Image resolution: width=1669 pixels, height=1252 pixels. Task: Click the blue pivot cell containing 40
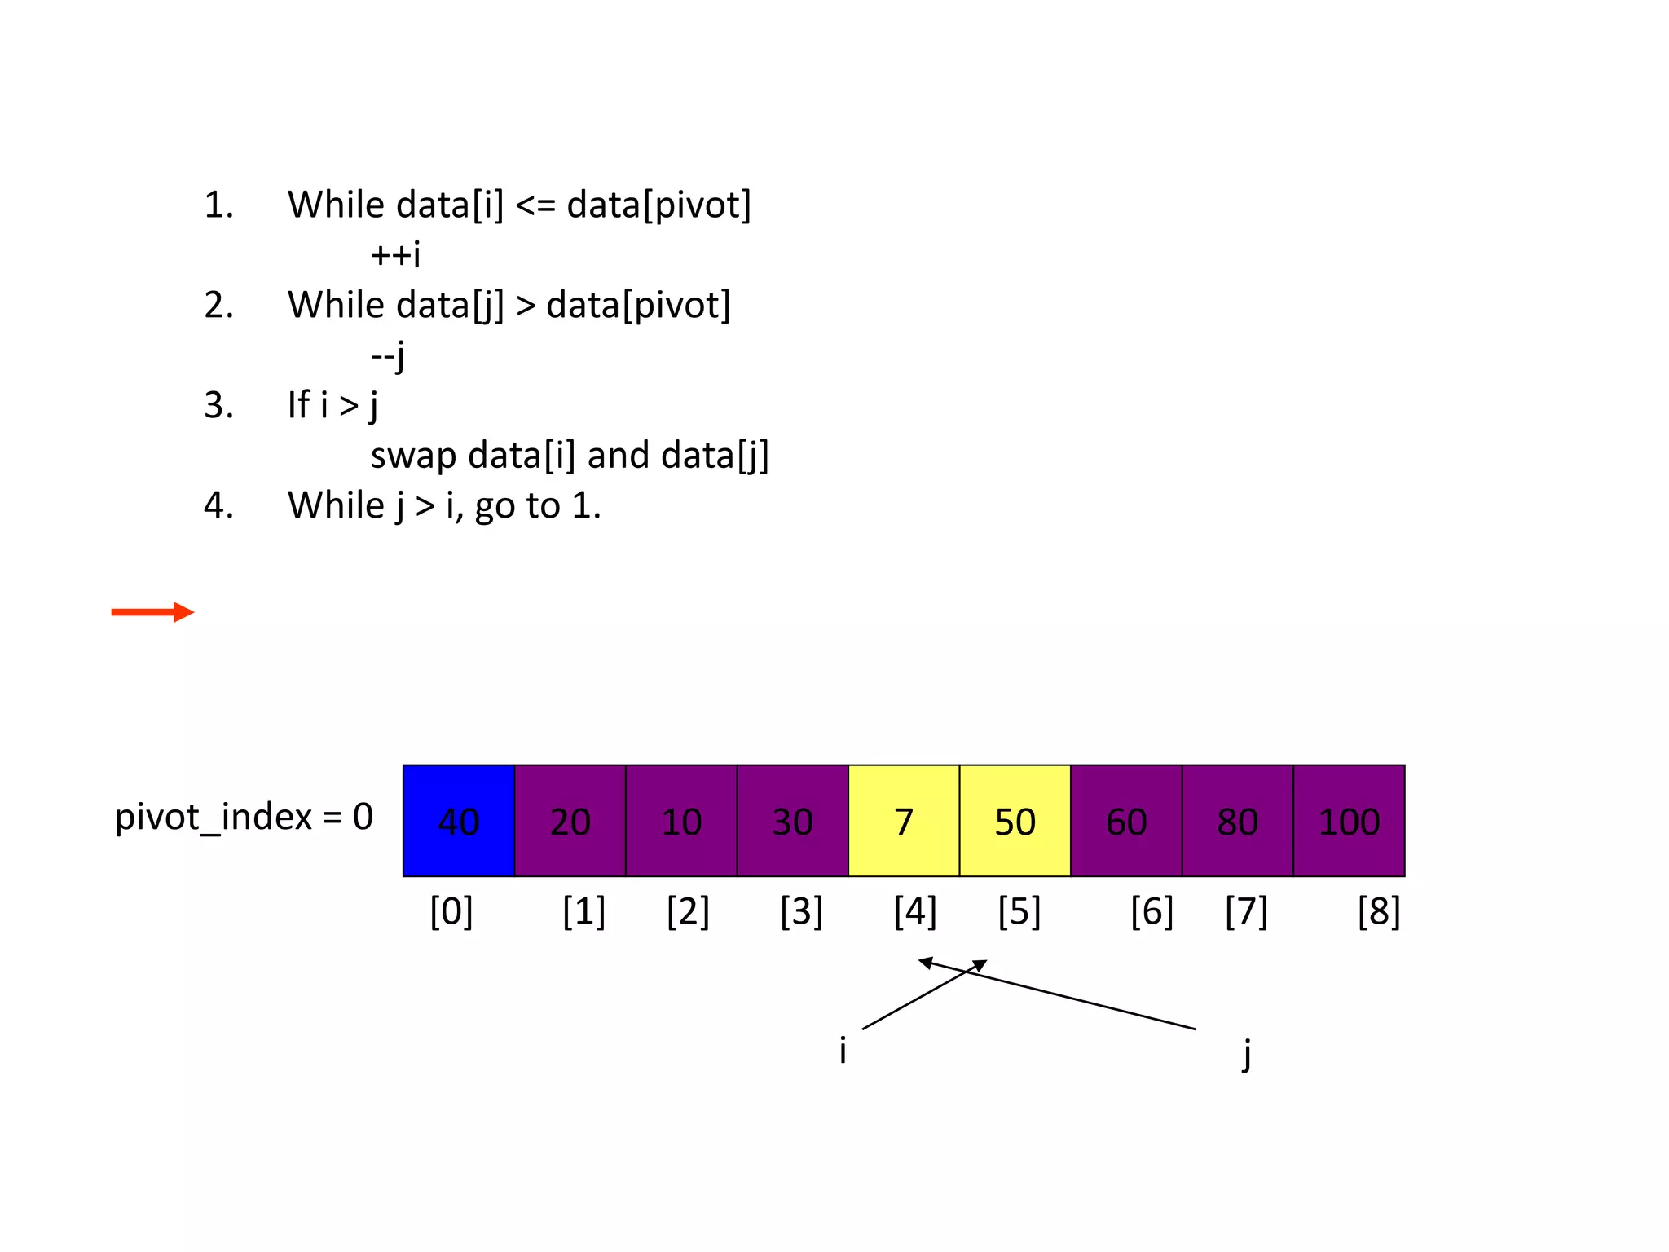(x=459, y=821)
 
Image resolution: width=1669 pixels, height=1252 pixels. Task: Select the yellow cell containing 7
(x=904, y=821)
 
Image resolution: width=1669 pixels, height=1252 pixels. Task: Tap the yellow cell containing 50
(x=1015, y=821)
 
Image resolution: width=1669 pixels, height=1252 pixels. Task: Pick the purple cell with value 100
(x=1349, y=821)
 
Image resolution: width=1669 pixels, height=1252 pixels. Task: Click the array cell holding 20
(x=570, y=821)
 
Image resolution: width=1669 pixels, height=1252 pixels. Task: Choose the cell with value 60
(x=1126, y=821)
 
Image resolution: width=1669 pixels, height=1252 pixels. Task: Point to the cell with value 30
(x=792, y=821)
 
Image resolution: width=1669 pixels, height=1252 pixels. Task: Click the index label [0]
(x=451, y=911)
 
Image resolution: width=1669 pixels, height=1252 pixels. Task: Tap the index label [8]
(x=1379, y=911)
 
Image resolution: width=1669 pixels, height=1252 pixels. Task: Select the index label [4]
(x=915, y=911)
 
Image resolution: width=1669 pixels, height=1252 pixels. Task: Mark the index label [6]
(x=1152, y=911)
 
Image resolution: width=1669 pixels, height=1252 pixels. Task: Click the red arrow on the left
(x=152, y=612)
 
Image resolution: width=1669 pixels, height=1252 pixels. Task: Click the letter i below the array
(x=843, y=1051)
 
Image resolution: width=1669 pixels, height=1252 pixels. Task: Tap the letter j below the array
(x=1246, y=1054)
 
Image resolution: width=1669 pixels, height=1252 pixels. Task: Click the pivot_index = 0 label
(x=244, y=818)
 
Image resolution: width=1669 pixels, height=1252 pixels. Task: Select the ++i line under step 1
(x=395, y=254)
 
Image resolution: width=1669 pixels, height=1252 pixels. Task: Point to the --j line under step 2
(x=388, y=356)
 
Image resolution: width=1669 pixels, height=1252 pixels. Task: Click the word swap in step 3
(x=413, y=456)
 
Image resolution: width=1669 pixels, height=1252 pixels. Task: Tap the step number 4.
(x=218, y=505)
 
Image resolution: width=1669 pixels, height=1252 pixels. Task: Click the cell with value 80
(x=1237, y=821)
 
